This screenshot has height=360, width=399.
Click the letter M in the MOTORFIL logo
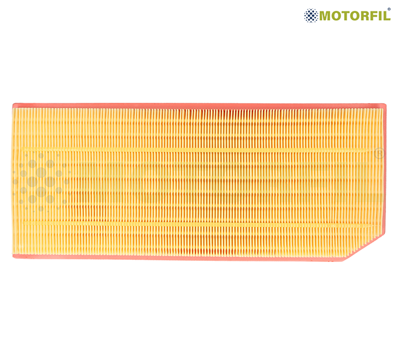coord(325,16)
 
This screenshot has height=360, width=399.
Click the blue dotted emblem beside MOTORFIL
coord(311,16)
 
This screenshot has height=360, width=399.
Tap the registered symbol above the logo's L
coord(389,9)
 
